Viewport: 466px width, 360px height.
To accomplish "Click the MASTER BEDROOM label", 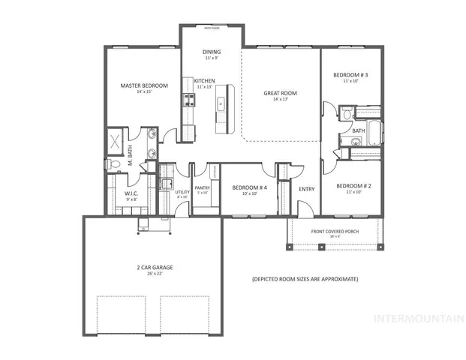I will click(x=144, y=86).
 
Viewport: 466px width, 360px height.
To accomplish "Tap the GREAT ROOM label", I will click(x=280, y=93).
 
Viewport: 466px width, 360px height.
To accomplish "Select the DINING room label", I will click(x=211, y=52).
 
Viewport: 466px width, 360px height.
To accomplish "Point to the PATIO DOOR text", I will click(x=211, y=28).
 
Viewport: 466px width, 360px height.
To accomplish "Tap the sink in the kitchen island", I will click(x=222, y=103).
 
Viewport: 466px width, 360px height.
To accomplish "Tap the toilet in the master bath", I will click(x=110, y=163).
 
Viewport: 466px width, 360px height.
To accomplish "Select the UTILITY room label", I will click(x=182, y=193).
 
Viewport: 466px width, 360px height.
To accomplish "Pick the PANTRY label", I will click(x=202, y=188).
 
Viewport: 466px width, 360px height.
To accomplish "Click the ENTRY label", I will click(x=306, y=189).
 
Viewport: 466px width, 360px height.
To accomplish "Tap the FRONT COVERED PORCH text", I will click(x=335, y=232).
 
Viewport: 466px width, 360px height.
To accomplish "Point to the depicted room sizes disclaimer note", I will click(x=305, y=279).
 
